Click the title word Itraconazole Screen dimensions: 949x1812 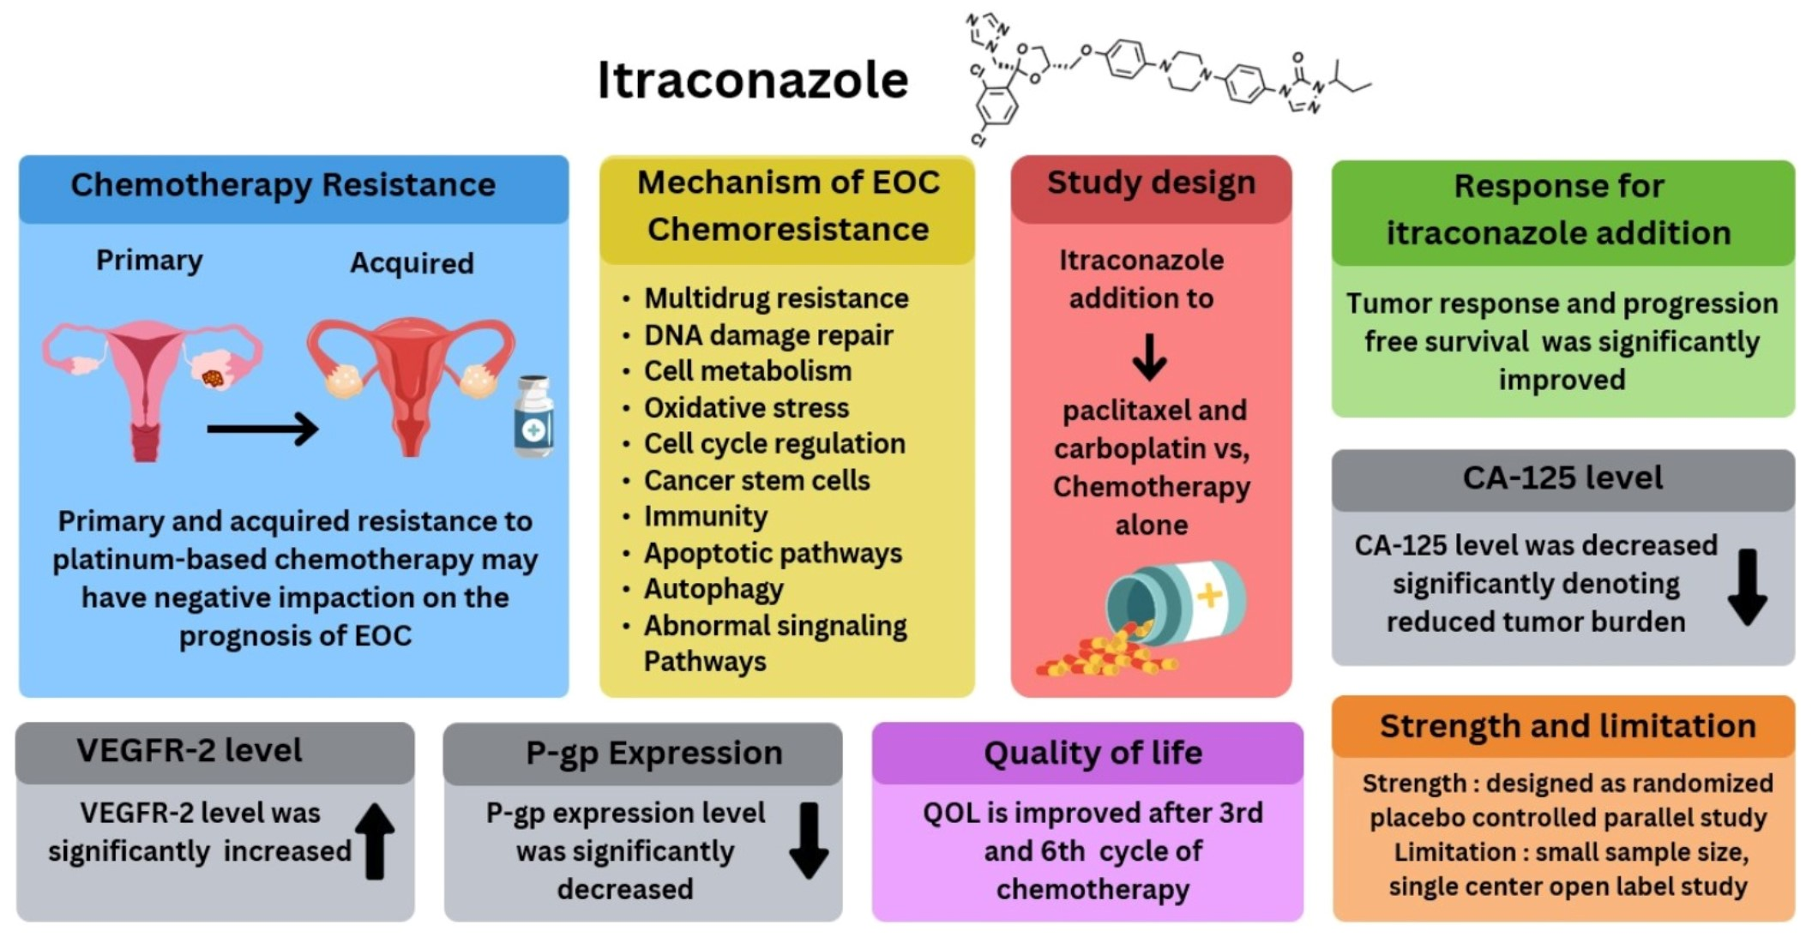point(752,81)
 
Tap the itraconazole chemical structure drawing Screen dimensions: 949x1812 point(1166,77)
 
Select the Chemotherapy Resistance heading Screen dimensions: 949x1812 point(283,185)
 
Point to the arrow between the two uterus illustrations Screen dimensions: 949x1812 point(262,429)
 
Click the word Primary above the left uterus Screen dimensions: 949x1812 point(149,260)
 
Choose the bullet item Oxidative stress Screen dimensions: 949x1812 point(746,408)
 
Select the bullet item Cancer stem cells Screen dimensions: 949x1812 point(756,481)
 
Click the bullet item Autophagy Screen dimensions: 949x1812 point(713,590)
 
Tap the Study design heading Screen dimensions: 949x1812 point(1151,183)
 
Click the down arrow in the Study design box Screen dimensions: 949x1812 point(1149,357)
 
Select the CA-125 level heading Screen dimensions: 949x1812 point(1562,478)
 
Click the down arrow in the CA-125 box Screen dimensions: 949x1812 point(1747,587)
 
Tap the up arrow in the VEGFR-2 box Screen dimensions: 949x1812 point(375,841)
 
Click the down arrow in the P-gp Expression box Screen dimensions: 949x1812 point(809,841)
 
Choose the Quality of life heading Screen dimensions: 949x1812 point(1093,753)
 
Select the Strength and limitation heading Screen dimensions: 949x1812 point(1568,726)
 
